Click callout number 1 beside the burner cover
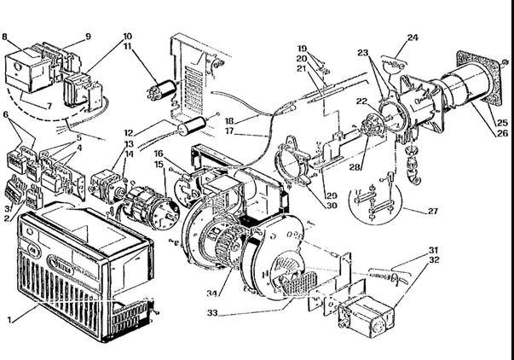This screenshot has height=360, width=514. click(11, 319)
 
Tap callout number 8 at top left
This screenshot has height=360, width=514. click(7, 38)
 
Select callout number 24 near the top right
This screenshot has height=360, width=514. click(412, 38)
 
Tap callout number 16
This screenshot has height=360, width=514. click(159, 154)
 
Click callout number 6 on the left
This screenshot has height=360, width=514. click(8, 114)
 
